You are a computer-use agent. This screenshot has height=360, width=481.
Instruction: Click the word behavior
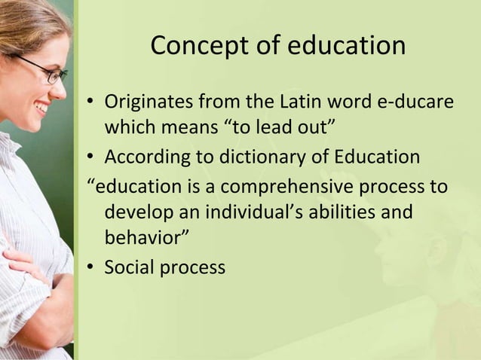click(141, 239)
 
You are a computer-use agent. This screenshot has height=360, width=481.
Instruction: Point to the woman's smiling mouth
click(42, 108)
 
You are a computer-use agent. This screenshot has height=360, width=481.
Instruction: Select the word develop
click(136, 212)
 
